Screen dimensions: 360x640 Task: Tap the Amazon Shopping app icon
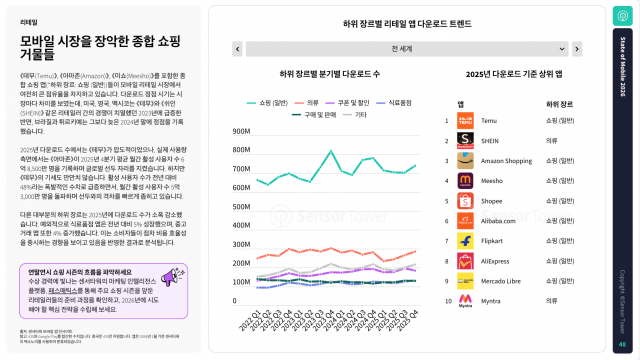465,160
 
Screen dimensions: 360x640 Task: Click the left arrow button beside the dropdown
236,47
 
